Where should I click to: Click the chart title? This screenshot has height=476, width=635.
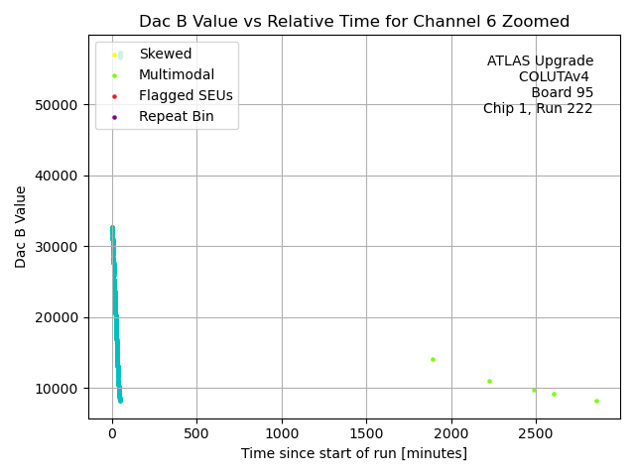click(354, 21)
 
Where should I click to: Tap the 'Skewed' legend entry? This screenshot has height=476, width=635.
click(166, 54)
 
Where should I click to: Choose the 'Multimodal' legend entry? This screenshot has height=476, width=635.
click(177, 74)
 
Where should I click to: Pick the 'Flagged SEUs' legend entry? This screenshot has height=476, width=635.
click(186, 96)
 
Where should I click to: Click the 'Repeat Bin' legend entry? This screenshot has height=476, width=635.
click(176, 117)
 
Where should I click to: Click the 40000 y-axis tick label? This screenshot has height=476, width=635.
click(59, 176)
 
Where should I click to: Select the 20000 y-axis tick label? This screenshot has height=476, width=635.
click(59, 317)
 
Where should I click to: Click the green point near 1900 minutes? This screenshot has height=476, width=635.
click(433, 359)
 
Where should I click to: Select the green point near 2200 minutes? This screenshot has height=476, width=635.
click(489, 381)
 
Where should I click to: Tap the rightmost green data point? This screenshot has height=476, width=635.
click(596, 401)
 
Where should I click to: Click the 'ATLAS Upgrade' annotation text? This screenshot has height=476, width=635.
click(540, 61)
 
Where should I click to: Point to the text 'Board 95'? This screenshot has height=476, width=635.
click(562, 93)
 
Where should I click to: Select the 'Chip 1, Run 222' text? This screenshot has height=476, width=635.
click(538, 109)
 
